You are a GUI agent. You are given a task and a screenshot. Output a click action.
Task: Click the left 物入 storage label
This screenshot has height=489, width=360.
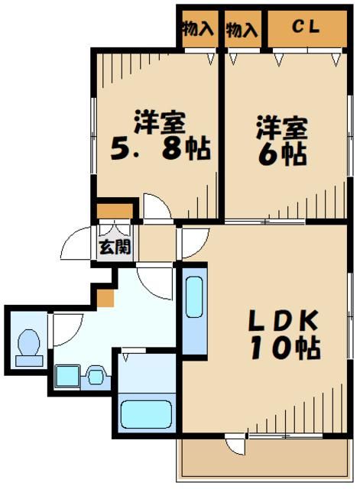pyautogui.click(x=198, y=28)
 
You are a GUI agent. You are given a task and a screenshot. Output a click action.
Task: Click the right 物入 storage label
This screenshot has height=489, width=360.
pyautogui.click(x=242, y=28)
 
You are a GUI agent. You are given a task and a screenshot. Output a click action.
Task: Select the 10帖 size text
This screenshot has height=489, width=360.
pyautogui.click(x=283, y=348)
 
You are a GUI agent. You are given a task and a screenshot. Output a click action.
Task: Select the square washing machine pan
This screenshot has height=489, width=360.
pyautogui.click(x=66, y=375)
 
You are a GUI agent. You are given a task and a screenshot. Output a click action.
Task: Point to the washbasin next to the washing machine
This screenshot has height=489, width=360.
pyautogui.click(x=95, y=374)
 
